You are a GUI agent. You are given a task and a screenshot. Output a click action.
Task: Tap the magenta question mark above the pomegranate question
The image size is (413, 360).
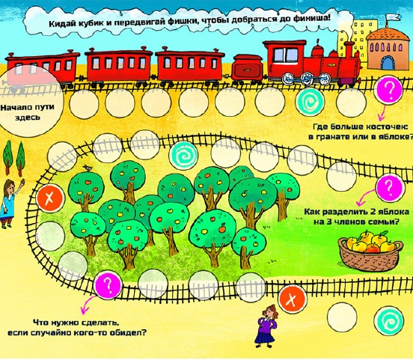390,91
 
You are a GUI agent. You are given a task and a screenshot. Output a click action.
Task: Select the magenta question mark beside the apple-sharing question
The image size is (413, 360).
389,187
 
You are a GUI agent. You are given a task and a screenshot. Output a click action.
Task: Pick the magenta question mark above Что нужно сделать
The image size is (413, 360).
108,284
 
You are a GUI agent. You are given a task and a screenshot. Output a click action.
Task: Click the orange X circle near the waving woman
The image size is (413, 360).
50,198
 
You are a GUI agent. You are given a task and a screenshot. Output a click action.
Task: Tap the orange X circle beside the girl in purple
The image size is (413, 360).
292,299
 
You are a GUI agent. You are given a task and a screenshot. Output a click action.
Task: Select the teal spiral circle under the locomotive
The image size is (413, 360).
309,102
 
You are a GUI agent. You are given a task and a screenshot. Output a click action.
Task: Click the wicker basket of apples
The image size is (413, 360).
370,251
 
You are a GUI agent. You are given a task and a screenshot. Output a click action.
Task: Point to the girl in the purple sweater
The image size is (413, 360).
267,325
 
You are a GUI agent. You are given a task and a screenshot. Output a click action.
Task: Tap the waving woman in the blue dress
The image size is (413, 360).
10,204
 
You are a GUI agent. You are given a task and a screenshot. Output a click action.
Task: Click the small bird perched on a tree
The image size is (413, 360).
87,168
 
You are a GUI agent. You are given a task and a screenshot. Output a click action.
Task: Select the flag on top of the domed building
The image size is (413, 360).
393,17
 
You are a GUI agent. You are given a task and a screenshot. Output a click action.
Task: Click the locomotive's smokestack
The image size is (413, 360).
349,48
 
